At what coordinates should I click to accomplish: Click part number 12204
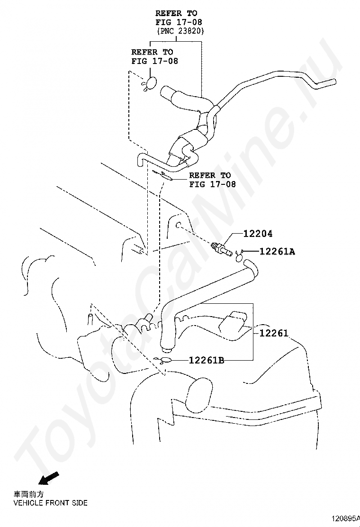click(x=258, y=234)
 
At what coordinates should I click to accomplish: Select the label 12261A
click(x=277, y=252)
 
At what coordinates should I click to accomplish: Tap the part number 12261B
click(x=206, y=361)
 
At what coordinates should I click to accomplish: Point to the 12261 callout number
click(x=273, y=333)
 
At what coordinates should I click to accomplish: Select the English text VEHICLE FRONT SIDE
click(x=50, y=503)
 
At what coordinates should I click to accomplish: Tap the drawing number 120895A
click(x=345, y=518)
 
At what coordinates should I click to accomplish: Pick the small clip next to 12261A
click(x=239, y=256)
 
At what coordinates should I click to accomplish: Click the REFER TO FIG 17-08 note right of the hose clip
click(x=210, y=180)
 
